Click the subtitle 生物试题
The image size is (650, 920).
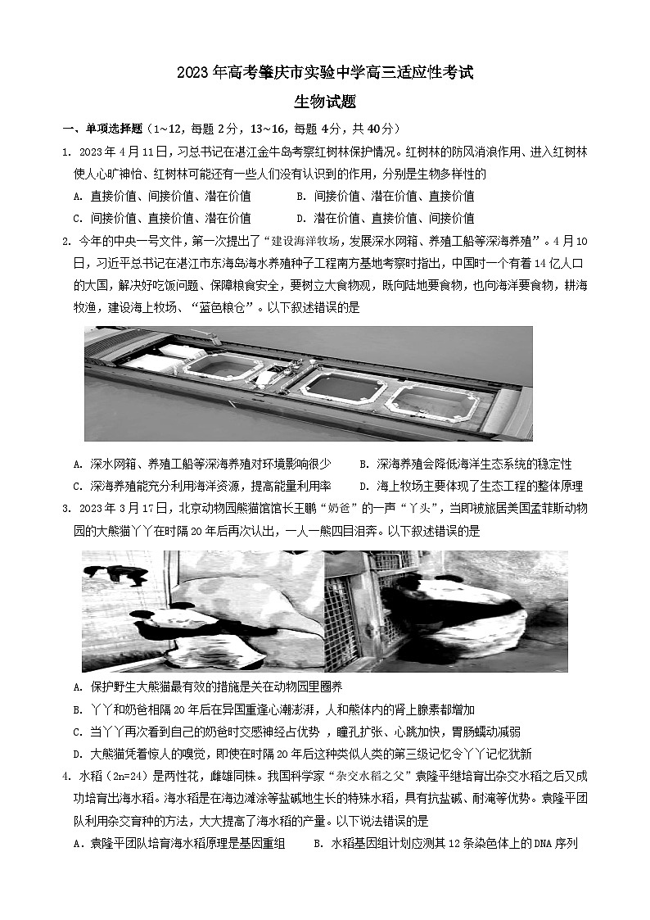(x=325, y=102)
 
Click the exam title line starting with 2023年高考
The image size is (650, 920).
(x=325, y=73)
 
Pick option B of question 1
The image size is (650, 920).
(x=385, y=197)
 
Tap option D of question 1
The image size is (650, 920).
(x=385, y=219)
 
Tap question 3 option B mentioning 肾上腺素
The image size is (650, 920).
(x=274, y=709)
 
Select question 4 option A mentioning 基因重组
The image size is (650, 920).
(x=178, y=843)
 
